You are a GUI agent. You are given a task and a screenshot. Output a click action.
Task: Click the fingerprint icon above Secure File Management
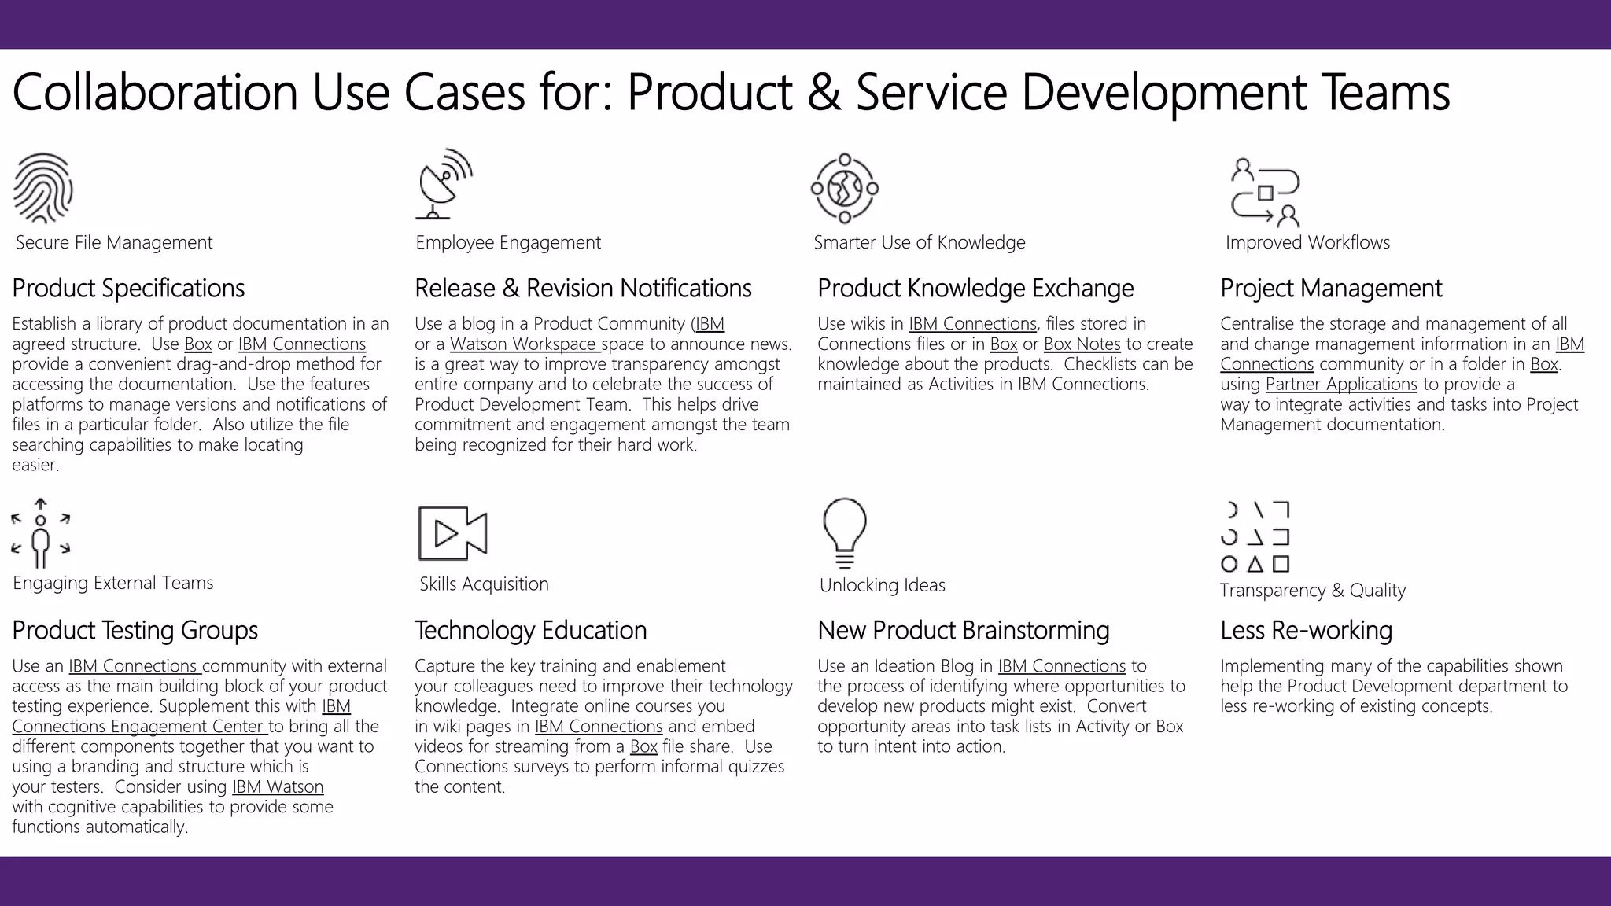click(43, 188)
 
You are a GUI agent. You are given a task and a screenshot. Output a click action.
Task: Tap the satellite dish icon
click(444, 183)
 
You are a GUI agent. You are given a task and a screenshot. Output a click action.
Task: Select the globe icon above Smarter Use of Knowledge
click(844, 189)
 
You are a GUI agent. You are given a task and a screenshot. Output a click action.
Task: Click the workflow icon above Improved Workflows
click(1265, 193)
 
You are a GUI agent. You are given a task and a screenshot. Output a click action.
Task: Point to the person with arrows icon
click(41, 533)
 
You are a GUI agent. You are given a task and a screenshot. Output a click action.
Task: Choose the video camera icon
click(452, 533)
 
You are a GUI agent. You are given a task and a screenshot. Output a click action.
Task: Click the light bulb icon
click(844, 532)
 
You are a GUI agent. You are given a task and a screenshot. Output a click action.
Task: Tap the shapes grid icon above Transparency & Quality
click(1255, 537)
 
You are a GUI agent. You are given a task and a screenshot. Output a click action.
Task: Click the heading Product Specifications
click(128, 289)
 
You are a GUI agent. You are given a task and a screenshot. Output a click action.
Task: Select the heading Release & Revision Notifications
click(583, 289)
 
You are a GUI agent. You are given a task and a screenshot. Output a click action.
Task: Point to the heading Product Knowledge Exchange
click(975, 289)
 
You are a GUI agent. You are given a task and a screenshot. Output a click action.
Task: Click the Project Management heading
click(1331, 289)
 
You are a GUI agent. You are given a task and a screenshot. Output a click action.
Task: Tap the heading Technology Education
click(530, 631)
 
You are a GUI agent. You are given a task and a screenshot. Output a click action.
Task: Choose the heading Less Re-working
click(1306, 631)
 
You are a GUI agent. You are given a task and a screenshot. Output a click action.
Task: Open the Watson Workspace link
click(525, 344)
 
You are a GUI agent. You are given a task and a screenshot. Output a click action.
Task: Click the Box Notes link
click(1082, 344)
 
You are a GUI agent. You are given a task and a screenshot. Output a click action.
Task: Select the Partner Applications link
click(1340, 385)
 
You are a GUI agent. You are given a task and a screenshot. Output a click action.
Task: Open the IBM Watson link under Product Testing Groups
click(278, 787)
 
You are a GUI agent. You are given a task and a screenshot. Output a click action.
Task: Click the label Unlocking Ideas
click(882, 585)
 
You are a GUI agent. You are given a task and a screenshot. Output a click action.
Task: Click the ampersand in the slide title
click(823, 93)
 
